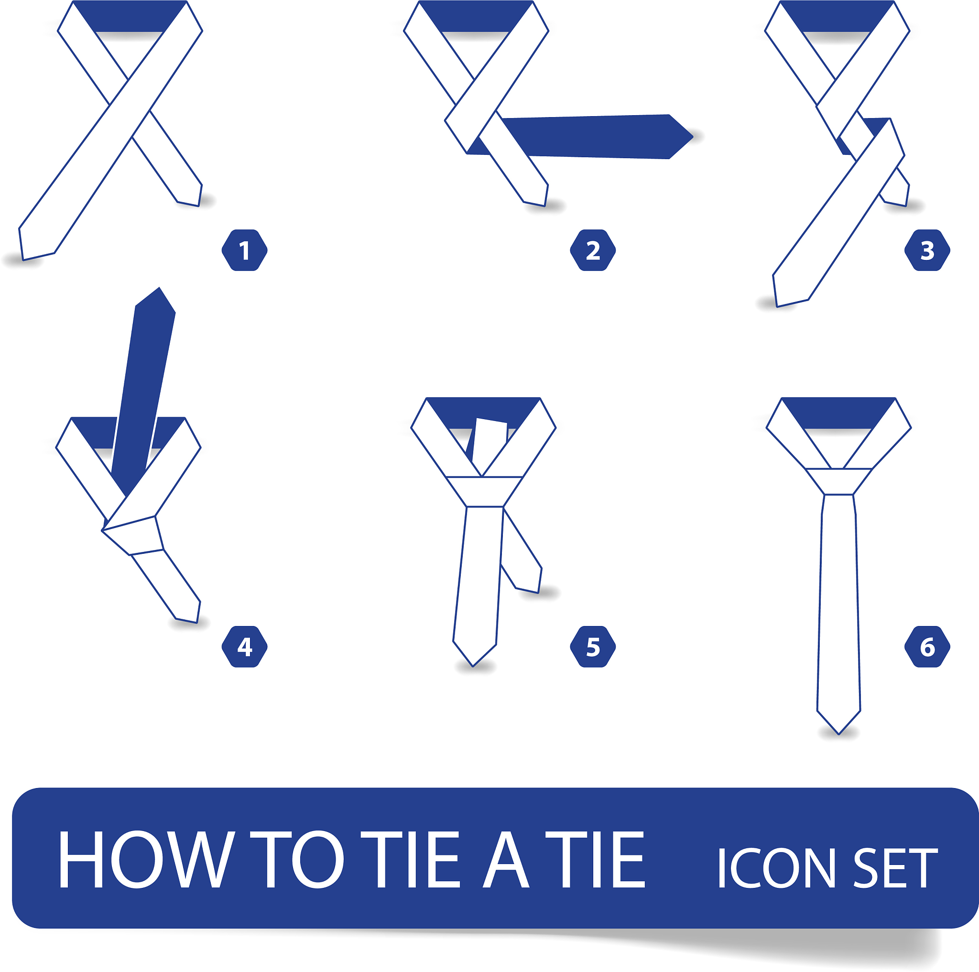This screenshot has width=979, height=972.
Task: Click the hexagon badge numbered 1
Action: click(x=244, y=250)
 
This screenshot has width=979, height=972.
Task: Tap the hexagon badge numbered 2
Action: click(x=593, y=250)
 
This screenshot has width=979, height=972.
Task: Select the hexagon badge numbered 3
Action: click(x=927, y=250)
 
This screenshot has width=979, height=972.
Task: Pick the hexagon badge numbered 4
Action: click(x=244, y=647)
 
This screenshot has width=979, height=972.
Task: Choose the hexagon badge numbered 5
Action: click(x=593, y=647)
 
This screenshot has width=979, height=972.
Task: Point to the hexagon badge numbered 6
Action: click(x=927, y=647)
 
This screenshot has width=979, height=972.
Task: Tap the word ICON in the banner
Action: click(x=776, y=868)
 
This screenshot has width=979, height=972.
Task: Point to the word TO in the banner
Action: click(x=297, y=860)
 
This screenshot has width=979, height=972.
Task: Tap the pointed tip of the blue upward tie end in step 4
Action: click(x=159, y=288)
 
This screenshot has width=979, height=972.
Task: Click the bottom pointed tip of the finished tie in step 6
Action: click(x=838, y=734)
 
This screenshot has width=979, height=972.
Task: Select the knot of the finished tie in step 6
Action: click(x=838, y=481)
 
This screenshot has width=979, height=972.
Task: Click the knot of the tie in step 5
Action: click(x=484, y=491)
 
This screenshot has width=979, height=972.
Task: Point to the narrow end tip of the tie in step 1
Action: click(x=199, y=205)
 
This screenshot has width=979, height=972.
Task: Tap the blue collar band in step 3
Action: click(x=837, y=16)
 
